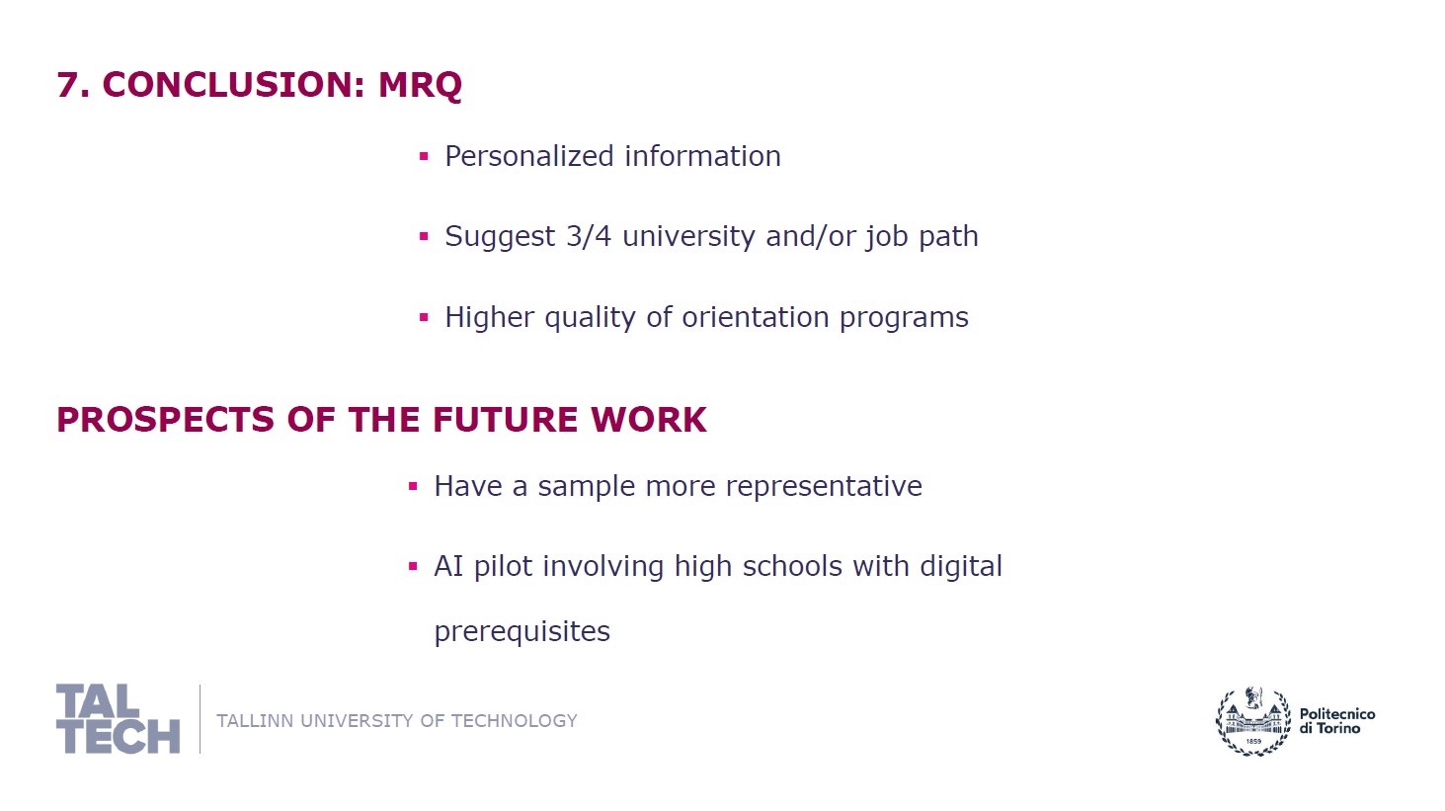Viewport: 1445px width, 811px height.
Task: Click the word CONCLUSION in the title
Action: [x=233, y=85]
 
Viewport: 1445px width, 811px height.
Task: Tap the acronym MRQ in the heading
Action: [x=420, y=85]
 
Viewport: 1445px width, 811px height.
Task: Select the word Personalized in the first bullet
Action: [x=529, y=157]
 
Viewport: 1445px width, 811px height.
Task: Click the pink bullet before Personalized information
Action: [x=424, y=156]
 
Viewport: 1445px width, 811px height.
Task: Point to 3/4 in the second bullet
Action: [x=589, y=236]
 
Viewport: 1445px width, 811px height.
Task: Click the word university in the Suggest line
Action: [x=688, y=237]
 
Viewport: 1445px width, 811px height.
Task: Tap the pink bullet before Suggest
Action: [x=424, y=236]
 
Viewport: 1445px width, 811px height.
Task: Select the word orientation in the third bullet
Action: [x=756, y=317]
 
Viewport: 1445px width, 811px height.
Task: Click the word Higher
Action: [x=490, y=318]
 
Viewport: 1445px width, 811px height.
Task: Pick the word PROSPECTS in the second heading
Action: [x=166, y=420]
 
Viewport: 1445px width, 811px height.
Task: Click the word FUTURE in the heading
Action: [x=505, y=420]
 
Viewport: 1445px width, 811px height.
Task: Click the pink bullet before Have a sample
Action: [x=413, y=486]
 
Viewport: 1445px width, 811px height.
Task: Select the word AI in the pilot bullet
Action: [x=448, y=566]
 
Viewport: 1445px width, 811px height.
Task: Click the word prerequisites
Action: [x=522, y=631]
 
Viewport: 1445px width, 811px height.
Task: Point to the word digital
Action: [x=961, y=567]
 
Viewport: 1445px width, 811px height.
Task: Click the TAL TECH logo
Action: [x=119, y=719]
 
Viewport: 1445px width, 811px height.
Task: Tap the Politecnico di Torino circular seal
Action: [x=1252, y=721]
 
